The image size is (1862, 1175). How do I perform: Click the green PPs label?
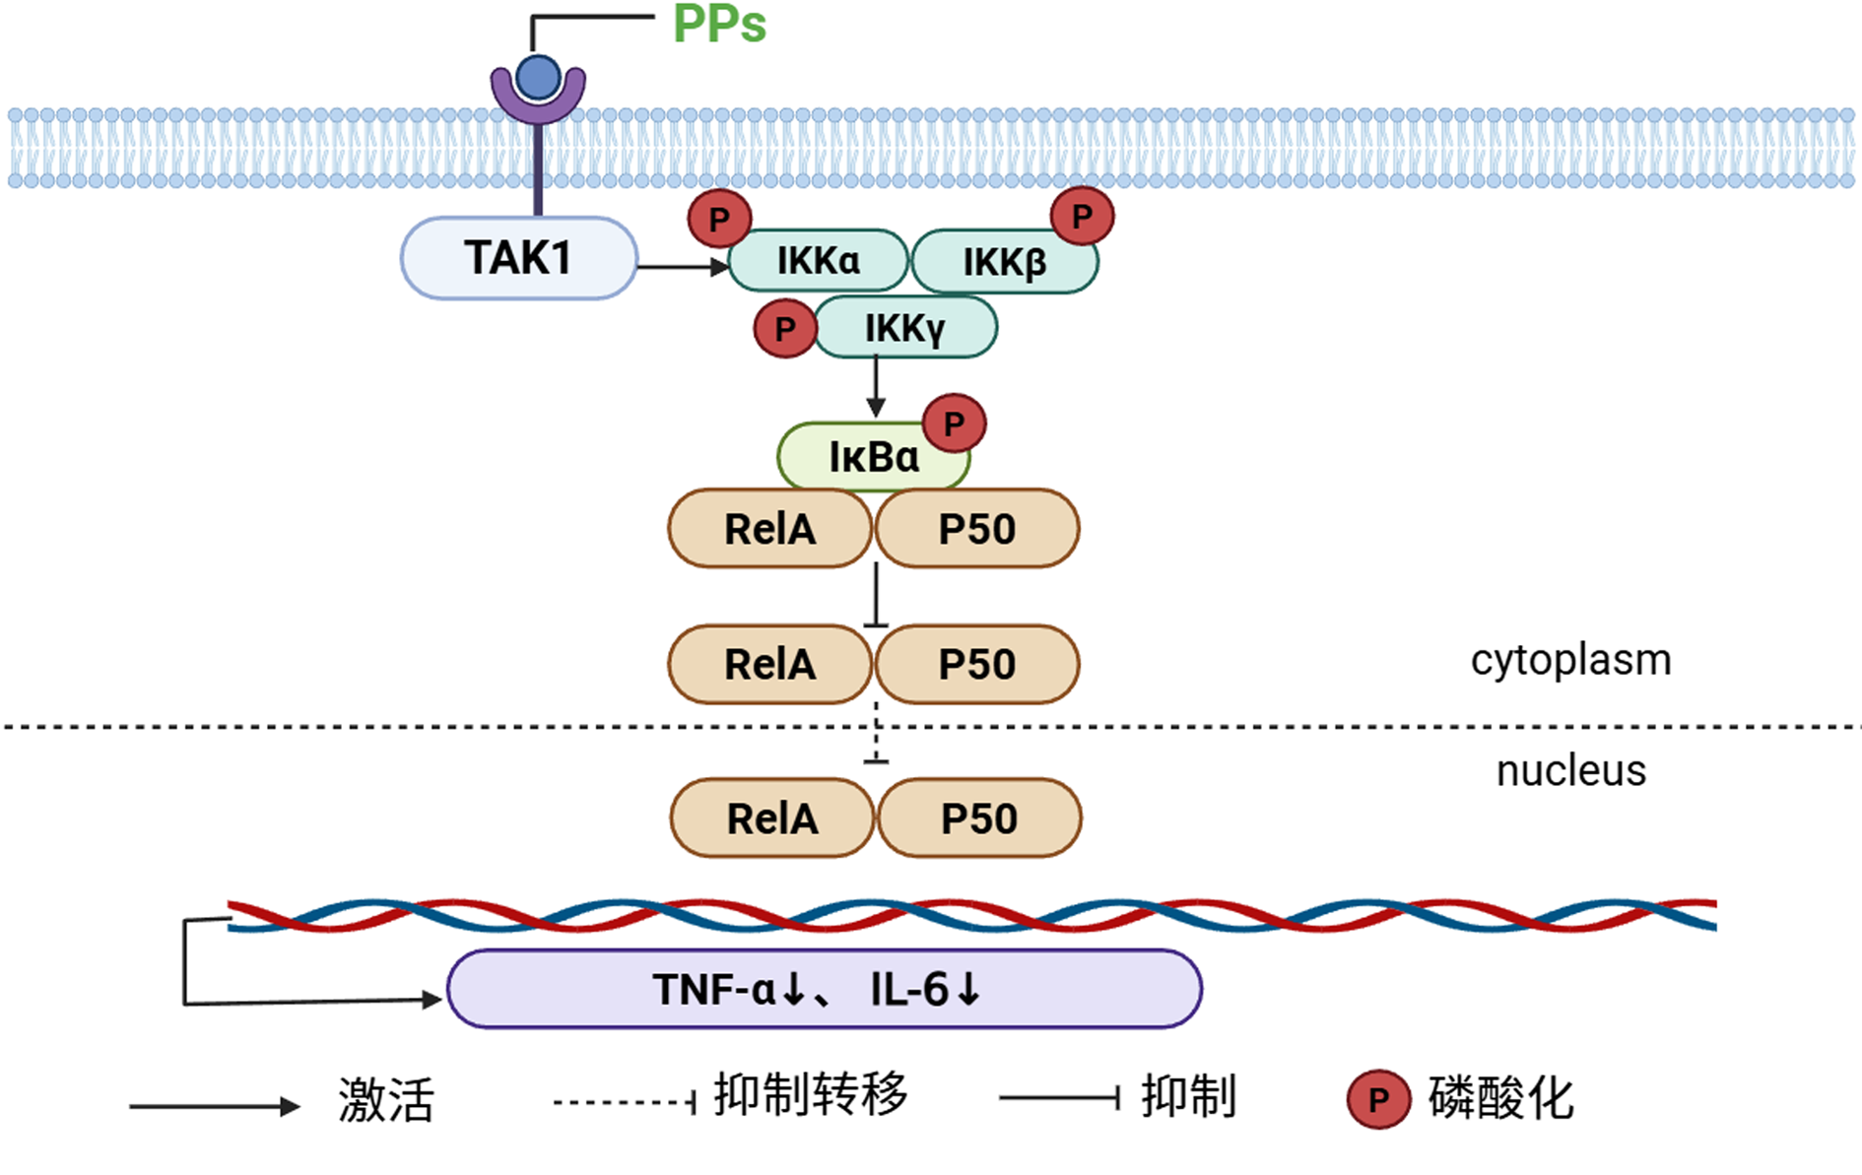pyautogui.click(x=719, y=24)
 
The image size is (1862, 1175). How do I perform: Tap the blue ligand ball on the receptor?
pyautogui.click(x=538, y=78)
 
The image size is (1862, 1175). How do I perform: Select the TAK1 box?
pyautogui.click(x=519, y=258)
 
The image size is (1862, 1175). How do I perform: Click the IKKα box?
pyautogui.click(x=818, y=261)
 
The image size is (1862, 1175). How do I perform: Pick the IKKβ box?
pyautogui.click(x=1005, y=262)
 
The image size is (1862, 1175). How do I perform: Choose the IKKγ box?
pyautogui.click(x=905, y=328)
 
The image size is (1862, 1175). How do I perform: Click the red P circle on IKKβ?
pyautogui.click(x=1082, y=217)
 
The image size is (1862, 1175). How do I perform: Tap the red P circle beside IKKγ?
pyautogui.click(x=785, y=328)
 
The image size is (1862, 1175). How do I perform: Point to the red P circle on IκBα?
pyautogui.click(x=954, y=424)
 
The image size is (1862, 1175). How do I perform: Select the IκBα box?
pyautogui.click(x=874, y=457)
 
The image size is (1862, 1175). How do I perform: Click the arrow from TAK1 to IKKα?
pyautogui.click(x=683, y=266)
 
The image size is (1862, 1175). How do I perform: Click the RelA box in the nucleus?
pyautogui.click(x=772, y=818)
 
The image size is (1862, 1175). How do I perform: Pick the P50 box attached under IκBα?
pyautogui.click(x=977, y=529)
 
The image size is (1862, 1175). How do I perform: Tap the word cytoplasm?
pyautogui.click(x=1571, y=661)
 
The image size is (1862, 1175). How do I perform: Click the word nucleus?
pyautogui.click(x=1571, y=770)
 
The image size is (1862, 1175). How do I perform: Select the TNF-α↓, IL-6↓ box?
pyautogui.click(x=825, y=989)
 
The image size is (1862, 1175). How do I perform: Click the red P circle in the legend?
pyautogui.click(x=1378, y=1099)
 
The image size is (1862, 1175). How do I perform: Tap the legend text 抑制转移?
pyautogui.click(x=811, y=1095)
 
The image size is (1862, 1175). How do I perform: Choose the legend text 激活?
pyautogui.click(x=386, y=1100)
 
